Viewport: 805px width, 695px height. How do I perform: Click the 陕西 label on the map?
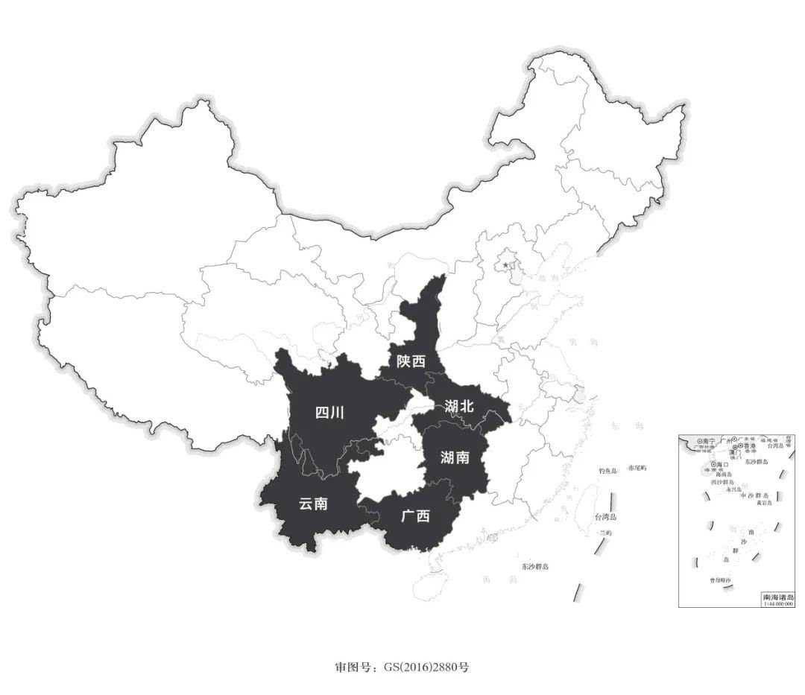coord(411,361)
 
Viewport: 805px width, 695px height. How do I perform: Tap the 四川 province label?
coord(329,413)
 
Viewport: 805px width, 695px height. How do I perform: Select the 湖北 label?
coord(459,407)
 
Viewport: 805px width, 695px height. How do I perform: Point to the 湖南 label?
coord(455,457)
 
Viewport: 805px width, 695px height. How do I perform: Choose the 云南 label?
coord(313,504)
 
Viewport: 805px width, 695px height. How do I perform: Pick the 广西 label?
coord(415,515)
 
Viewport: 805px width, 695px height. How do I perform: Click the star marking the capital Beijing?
coord(506,264)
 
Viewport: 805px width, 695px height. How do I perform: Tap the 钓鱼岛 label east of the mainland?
coord(609,471)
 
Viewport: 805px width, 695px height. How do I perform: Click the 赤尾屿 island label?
coord(637,468)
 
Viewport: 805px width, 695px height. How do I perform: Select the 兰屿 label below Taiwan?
coord(604,533)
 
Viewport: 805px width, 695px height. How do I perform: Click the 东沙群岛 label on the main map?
coord(535,567)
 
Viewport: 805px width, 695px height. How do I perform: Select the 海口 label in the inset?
coord(722,464)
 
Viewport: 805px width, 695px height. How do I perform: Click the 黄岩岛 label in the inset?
coord(764,503)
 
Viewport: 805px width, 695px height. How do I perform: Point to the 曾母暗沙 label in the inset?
coord(719,580)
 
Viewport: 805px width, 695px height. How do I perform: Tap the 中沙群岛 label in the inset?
coord(752,495)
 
